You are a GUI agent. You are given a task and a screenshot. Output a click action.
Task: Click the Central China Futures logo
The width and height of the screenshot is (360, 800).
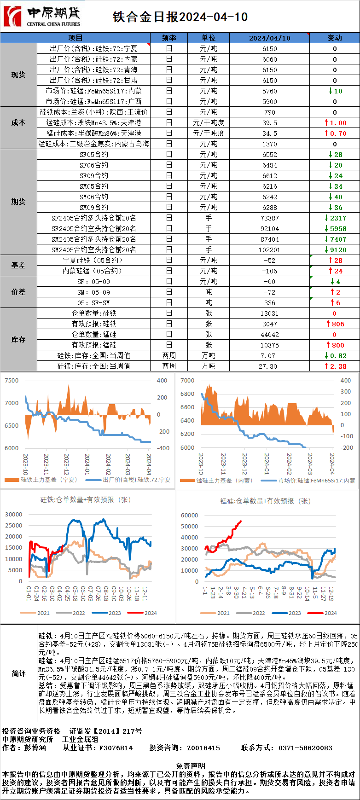point(41,17)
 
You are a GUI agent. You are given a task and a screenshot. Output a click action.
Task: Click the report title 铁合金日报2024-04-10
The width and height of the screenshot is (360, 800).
point(180,17)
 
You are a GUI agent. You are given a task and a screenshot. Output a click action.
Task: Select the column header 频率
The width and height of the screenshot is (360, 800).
point(169,38)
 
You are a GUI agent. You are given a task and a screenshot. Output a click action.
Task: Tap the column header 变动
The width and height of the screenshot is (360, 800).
point(335,38)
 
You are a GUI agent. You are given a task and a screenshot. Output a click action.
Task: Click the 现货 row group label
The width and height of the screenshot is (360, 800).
point(18,75)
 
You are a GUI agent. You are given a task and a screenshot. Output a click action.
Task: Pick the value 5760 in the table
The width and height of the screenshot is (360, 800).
point(269,91)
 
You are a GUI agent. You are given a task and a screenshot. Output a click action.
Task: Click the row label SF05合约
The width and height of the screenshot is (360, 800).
point(94,155)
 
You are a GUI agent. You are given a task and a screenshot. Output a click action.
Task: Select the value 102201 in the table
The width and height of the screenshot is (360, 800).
point(269,250)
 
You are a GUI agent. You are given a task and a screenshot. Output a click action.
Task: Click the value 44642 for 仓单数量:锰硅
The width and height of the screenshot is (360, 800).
point(269,335)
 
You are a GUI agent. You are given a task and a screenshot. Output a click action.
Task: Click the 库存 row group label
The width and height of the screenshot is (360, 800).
point(18,340)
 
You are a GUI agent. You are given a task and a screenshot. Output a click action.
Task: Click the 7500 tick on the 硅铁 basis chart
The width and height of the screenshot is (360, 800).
point(12,381)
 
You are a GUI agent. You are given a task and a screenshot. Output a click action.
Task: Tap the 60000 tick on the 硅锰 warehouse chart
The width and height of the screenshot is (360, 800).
point(190,516)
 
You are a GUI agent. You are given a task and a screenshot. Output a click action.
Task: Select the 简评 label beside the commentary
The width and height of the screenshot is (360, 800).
point(18,673)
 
